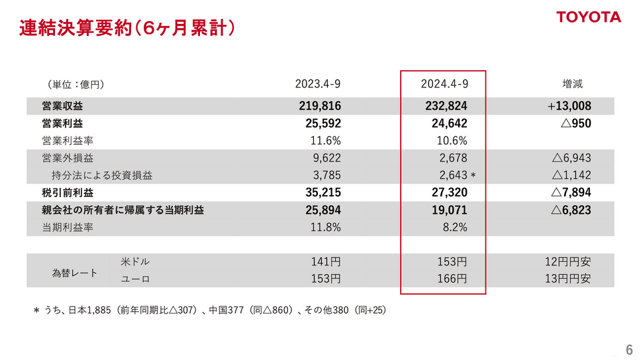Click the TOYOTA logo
(588, 18)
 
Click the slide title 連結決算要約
(126, 28)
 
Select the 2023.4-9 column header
(318, 84)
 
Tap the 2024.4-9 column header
(444, 84)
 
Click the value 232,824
(444, 106)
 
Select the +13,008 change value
(569, 106)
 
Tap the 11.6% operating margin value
(325, 140)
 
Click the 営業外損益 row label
(67, 157)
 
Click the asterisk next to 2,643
(473, 175)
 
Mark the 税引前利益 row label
(67, 193)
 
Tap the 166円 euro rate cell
(452, 279)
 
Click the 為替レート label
(75, 271)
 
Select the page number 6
(628, 349)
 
